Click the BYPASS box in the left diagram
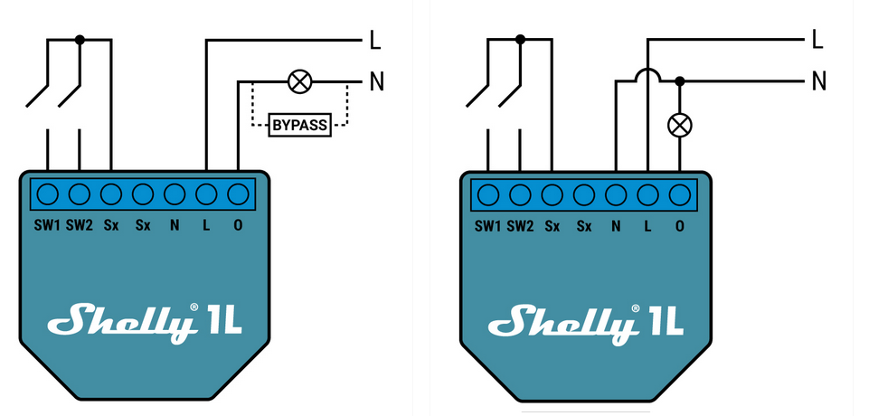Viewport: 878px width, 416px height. [299, 126]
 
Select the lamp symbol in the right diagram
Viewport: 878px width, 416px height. [679, 124]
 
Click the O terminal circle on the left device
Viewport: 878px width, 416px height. [238, 194]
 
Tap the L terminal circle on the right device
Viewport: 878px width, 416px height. [647, 194]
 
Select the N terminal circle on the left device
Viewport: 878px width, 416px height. [175, 194]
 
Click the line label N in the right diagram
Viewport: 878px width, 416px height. [818, 82]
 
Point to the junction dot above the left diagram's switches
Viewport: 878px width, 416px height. [80, 40]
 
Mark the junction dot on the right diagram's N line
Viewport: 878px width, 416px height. [679, 81]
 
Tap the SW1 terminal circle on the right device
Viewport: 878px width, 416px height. [488, 194]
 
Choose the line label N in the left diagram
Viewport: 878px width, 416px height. [376, 83]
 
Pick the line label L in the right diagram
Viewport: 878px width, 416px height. [817, 39]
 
